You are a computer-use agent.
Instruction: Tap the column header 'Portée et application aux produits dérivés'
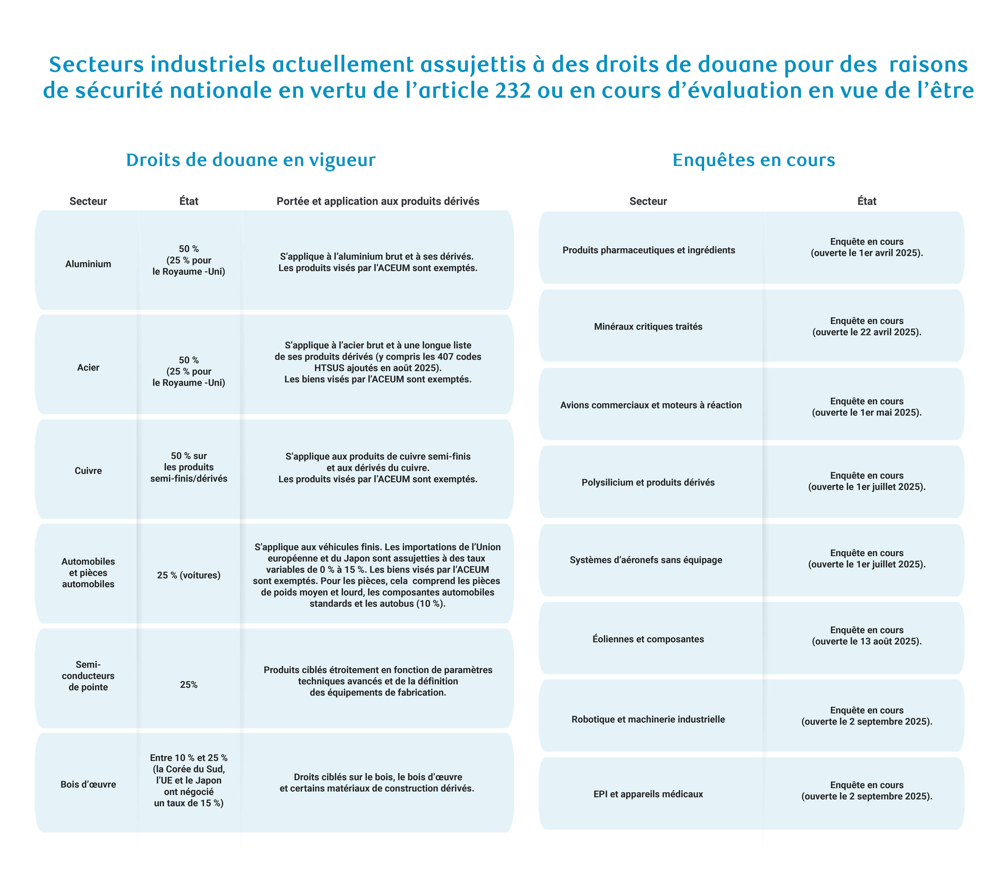[378, 201]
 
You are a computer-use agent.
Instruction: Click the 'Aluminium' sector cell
[88, 264]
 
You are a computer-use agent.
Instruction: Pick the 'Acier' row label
[88, 367]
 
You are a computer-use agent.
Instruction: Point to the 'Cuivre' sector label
[88, 471]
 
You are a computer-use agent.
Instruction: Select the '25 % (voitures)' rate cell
[189, 575]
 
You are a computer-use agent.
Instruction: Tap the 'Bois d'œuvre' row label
[88, 784]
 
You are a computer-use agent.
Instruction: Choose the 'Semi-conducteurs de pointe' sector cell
[88, 676]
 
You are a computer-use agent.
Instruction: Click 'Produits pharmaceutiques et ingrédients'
[648, 250]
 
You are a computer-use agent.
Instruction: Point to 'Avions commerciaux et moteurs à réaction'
[650, 405]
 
